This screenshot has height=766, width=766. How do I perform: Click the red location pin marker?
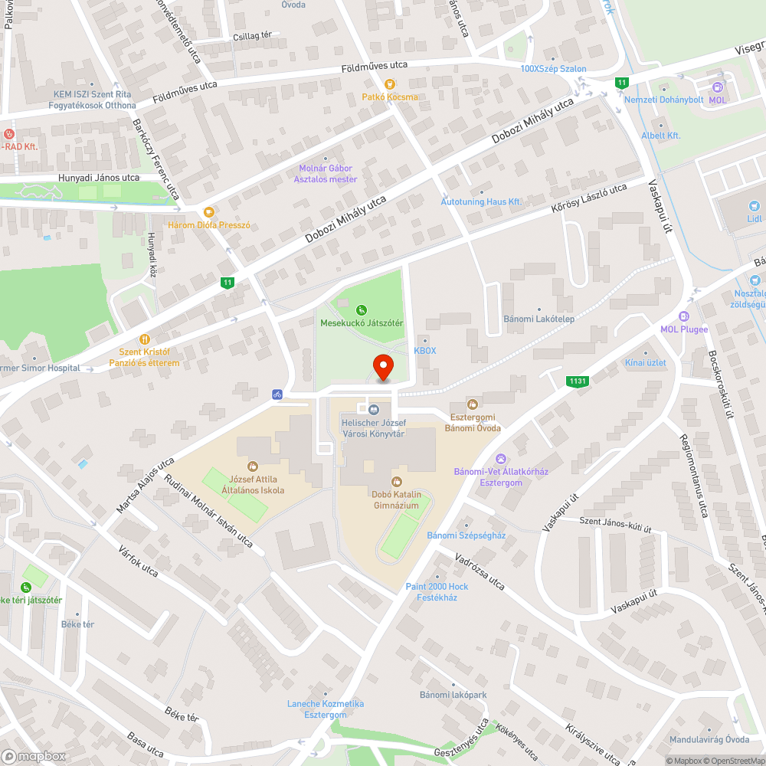[x=382, y=368]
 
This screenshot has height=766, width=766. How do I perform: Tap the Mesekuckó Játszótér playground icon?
[x=362, y=310]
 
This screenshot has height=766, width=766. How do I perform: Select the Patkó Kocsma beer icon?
[x=389, y=84]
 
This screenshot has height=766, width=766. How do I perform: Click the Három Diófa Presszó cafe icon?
[x=208, y=212]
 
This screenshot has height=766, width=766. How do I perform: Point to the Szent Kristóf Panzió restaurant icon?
[x=143, y=339]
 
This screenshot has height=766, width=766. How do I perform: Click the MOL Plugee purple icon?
[x=684, y=316]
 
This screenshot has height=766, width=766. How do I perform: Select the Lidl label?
[x=755, y=218]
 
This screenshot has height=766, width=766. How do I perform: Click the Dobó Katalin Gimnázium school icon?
[x=396, y=481]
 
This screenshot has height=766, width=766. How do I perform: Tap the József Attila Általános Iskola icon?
[x=252, y=466]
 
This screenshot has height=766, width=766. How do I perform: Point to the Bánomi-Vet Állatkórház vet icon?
[x=500, y=458]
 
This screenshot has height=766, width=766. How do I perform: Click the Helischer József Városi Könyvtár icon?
[x=374, y=411]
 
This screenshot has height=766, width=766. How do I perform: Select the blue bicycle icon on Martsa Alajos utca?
[x=277, y=394]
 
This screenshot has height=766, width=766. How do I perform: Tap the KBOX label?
[x=424, y=350]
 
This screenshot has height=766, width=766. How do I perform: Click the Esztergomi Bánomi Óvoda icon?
[x=473, y=404]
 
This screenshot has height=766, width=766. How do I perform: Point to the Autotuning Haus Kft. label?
[x=481, y=201]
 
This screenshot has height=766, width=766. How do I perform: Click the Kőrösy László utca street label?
[x=589, y=198]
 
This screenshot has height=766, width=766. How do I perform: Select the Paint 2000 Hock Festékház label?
[x=437, y=591]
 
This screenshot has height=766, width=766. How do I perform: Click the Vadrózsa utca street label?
[x=480, y=572]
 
